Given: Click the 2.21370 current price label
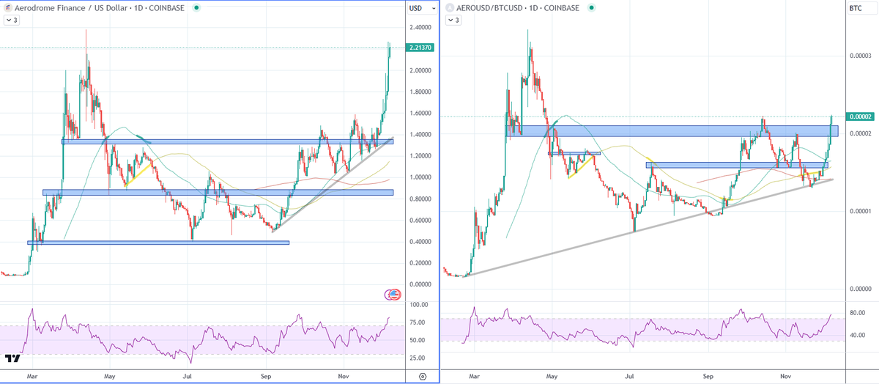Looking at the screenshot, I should (423, 49).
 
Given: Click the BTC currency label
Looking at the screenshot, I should (855, 8).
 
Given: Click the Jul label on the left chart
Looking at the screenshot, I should (188, 375).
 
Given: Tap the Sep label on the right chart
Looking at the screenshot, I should (708, 375).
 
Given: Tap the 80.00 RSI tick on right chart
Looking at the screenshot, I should (858, 313).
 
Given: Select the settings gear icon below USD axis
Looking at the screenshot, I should (423, 375).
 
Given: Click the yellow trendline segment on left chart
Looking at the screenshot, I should (140, 175).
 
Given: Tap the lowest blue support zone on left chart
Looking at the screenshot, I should (158, 242).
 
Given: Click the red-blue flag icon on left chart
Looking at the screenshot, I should (393, 295).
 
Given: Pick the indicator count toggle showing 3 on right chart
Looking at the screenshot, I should (454, 20).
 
